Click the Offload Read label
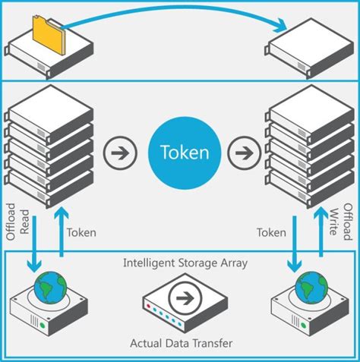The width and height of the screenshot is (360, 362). coord(17,221)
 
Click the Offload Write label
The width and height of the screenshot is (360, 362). coord(343,221)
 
